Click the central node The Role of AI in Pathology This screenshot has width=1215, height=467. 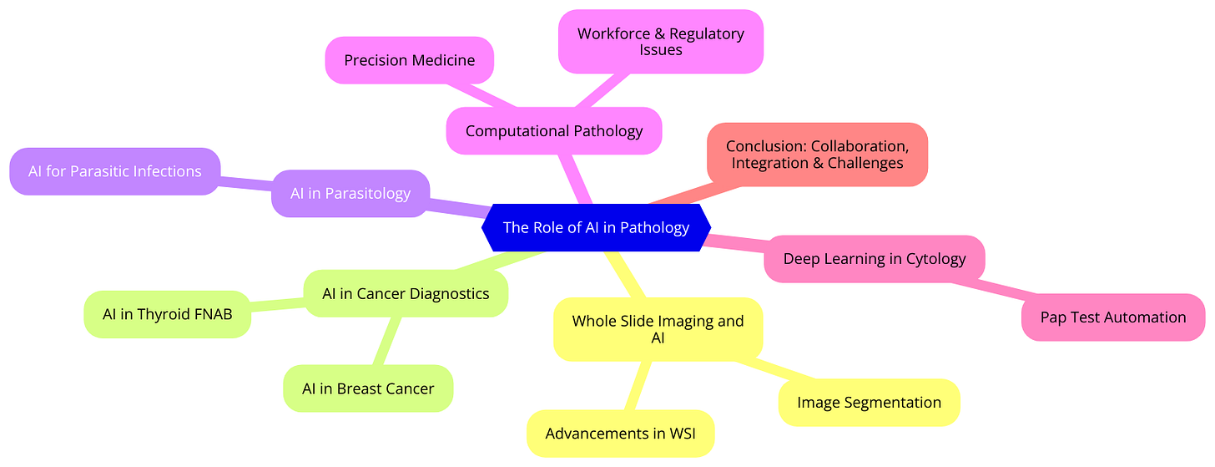point(596,227)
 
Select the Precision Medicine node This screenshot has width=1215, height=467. point(409,60)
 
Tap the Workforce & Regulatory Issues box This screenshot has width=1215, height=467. point(660,42)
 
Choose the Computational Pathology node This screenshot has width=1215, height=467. point(554,130)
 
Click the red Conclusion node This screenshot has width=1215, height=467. point(817,155)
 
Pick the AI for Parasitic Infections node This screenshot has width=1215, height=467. point(115,171)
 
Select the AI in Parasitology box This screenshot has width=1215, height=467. point(350,193)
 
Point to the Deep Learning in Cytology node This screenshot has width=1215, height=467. point(875,258)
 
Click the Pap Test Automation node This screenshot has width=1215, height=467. point(1113,317)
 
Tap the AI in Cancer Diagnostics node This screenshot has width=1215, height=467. point(406,293)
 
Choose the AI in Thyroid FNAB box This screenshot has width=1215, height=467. point(167,314)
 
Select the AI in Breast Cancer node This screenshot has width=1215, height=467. point(368,388)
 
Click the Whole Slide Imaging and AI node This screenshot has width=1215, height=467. point(658,329)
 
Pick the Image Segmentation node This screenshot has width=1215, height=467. point(869,403)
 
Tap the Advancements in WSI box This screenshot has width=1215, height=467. point(620,434)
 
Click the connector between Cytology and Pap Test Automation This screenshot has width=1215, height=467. point(1001,288)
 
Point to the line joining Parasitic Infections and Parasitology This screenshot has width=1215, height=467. point(246,182)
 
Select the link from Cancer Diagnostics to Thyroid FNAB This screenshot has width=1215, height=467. point(277,305)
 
